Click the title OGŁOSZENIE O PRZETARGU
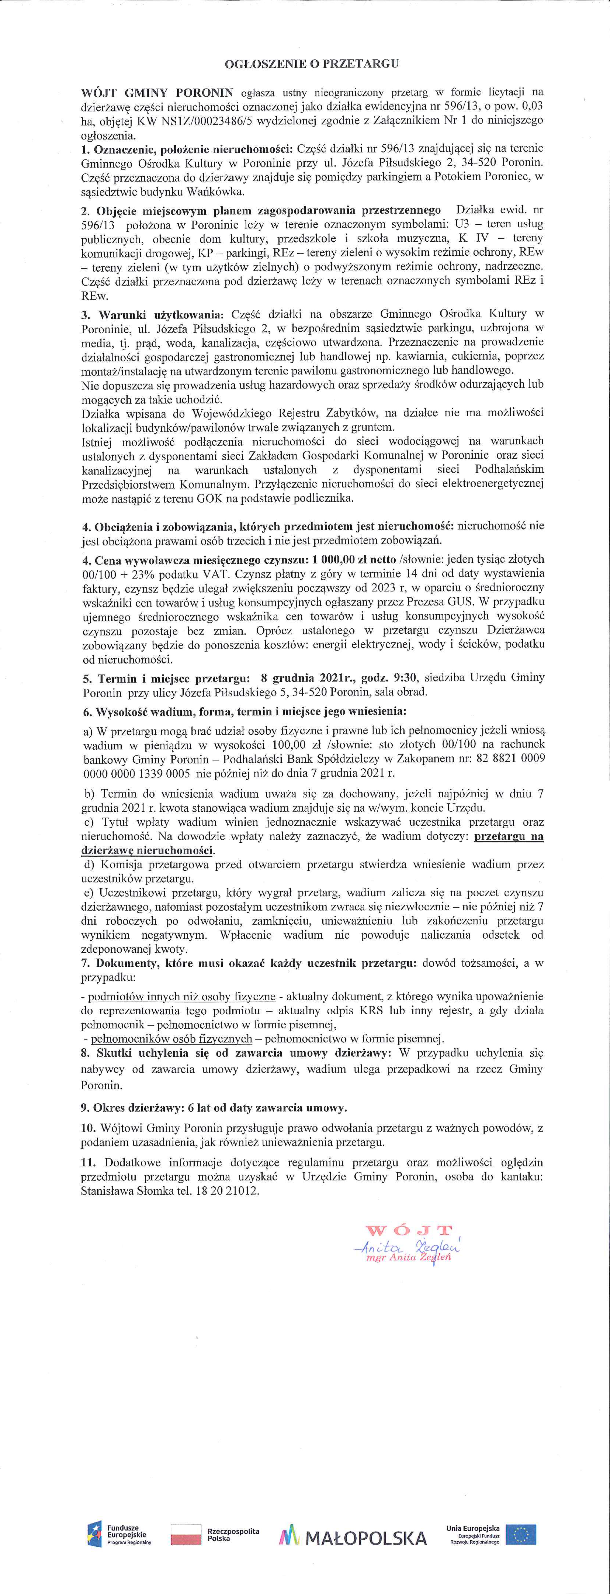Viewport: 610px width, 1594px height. click(x=311, y=63)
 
